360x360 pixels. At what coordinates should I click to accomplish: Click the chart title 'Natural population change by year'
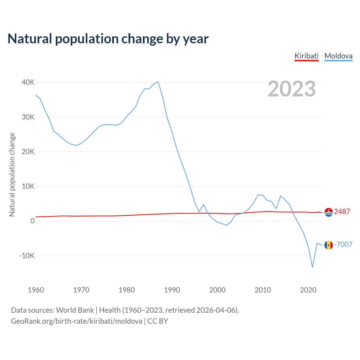[x=108, y=39]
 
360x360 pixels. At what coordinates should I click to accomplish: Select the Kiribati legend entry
[x=306, y=56]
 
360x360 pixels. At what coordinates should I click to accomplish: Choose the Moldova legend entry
[x=338, y=56]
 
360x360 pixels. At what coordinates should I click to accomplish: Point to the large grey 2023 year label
[x=292, y=89]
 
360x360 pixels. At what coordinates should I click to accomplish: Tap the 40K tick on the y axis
[x=28, y=82]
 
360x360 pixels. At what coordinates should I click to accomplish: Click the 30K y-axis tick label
[x=28, y=117]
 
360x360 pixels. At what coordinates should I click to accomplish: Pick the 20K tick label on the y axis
[x=28, y=152]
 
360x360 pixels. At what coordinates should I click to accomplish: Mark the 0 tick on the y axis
[x=32, y=221]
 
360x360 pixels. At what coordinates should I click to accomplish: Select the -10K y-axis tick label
[x=27, y=256]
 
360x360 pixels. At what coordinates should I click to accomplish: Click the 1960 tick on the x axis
[x=36, y=290]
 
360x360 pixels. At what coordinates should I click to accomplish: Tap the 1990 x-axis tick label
[x=172, y=290]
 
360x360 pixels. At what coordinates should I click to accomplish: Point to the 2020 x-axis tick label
[x=308, y=290]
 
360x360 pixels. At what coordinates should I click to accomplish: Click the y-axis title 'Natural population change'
[x=12, y=175]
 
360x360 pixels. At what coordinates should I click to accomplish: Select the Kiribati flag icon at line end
[x=328, y=212]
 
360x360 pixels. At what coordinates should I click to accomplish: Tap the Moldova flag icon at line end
[x=328, y=245]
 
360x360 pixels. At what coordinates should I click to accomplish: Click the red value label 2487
[x=342, y=212]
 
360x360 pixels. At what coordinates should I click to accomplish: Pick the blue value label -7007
[x=343, y=244]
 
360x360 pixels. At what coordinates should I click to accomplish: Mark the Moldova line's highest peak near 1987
[x=158, y=82]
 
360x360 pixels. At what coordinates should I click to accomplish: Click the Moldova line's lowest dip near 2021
[x=312, y=267]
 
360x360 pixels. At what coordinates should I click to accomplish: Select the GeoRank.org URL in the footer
[x=76, y=321]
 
